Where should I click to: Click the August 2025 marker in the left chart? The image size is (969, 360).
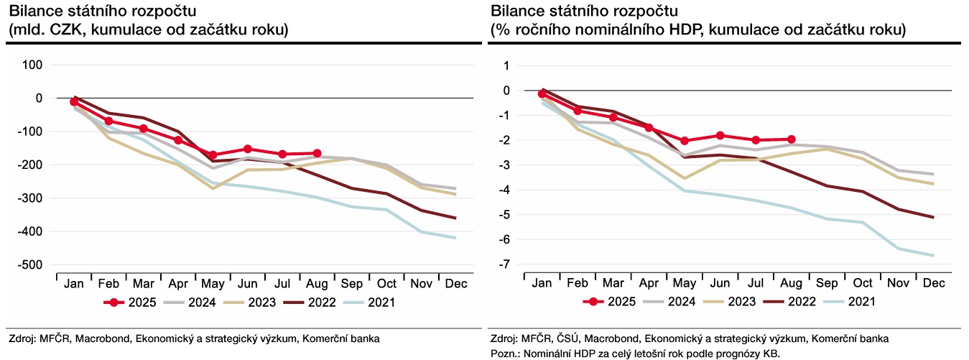coord(317,153)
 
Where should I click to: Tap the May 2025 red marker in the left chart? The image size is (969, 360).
coord(213,154)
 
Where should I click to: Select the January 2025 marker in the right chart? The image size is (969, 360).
coord(542,93)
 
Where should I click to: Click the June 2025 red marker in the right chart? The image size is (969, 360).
coord(720,135)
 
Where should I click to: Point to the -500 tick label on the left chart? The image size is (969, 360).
coord(31,265)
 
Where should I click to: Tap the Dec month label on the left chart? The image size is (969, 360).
coord(456,285)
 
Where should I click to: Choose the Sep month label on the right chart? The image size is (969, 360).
coord(827,285)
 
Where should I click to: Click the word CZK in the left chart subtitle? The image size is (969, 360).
coord(58,30)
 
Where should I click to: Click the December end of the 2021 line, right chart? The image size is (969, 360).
coord(933,255)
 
